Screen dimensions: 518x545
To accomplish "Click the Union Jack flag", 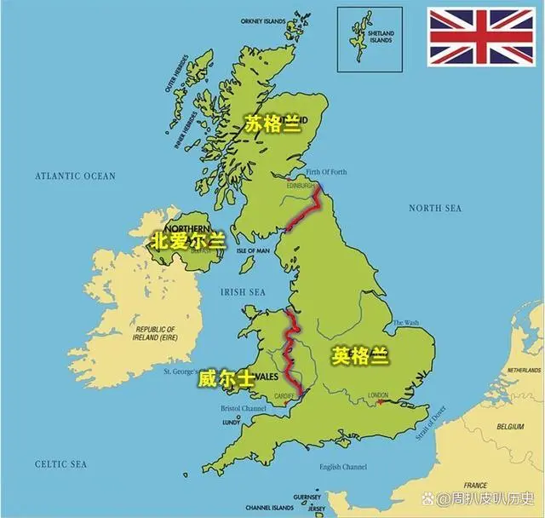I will point(481,37).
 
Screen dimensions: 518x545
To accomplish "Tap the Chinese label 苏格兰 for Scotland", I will point(273,124).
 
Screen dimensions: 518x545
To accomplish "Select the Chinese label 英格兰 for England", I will point(361,355).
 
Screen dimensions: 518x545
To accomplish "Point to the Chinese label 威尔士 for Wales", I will point(226,379).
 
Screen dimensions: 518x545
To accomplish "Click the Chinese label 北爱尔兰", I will point(187,241).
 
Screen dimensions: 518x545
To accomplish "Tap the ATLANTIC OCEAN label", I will point(75,176).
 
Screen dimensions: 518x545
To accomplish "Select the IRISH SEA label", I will point(244,291).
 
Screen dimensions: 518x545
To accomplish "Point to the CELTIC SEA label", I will point(61,463).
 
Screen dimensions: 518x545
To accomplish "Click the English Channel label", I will point(342,467).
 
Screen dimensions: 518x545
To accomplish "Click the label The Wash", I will point(405,323).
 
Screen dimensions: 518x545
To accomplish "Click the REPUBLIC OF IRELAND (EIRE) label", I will point(155,332).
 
